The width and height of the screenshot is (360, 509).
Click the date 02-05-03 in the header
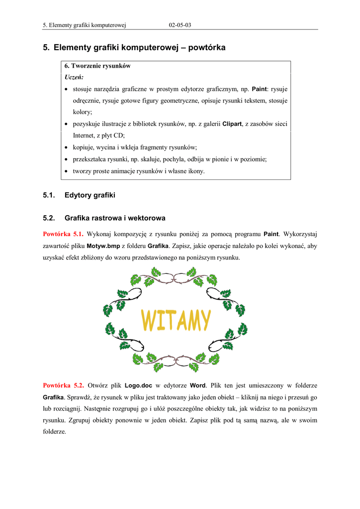(x=180, y=24)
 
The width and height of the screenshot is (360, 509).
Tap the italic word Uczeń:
(x=74, y=77)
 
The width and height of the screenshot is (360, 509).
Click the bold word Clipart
(x=232, y=124)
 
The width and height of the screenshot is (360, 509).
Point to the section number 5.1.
(x=49, y=195)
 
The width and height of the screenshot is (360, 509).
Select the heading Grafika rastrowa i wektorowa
(x=115, y=218)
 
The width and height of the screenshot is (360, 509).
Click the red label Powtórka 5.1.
(x=63, y=234)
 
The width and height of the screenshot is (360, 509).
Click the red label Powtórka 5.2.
(x=63, y=385)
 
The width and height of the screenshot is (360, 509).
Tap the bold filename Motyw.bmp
(x=103, y=246)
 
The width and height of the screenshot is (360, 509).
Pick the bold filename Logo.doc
(x=139, y=385)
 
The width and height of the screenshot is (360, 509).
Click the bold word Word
(x=197, y=385)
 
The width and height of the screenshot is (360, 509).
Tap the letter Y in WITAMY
(x=204, y=321)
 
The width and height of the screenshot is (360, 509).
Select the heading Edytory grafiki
(x=90, y=195)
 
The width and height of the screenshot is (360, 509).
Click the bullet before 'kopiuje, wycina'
(x=67, y=148)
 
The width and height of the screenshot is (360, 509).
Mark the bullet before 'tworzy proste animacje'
(x=67, y=171)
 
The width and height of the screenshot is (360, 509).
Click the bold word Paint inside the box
(x=260, y=89)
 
